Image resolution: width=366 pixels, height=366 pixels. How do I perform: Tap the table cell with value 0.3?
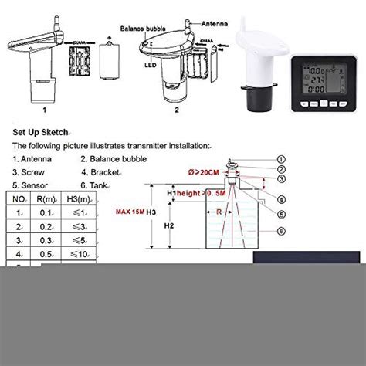(x=49, y=240)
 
